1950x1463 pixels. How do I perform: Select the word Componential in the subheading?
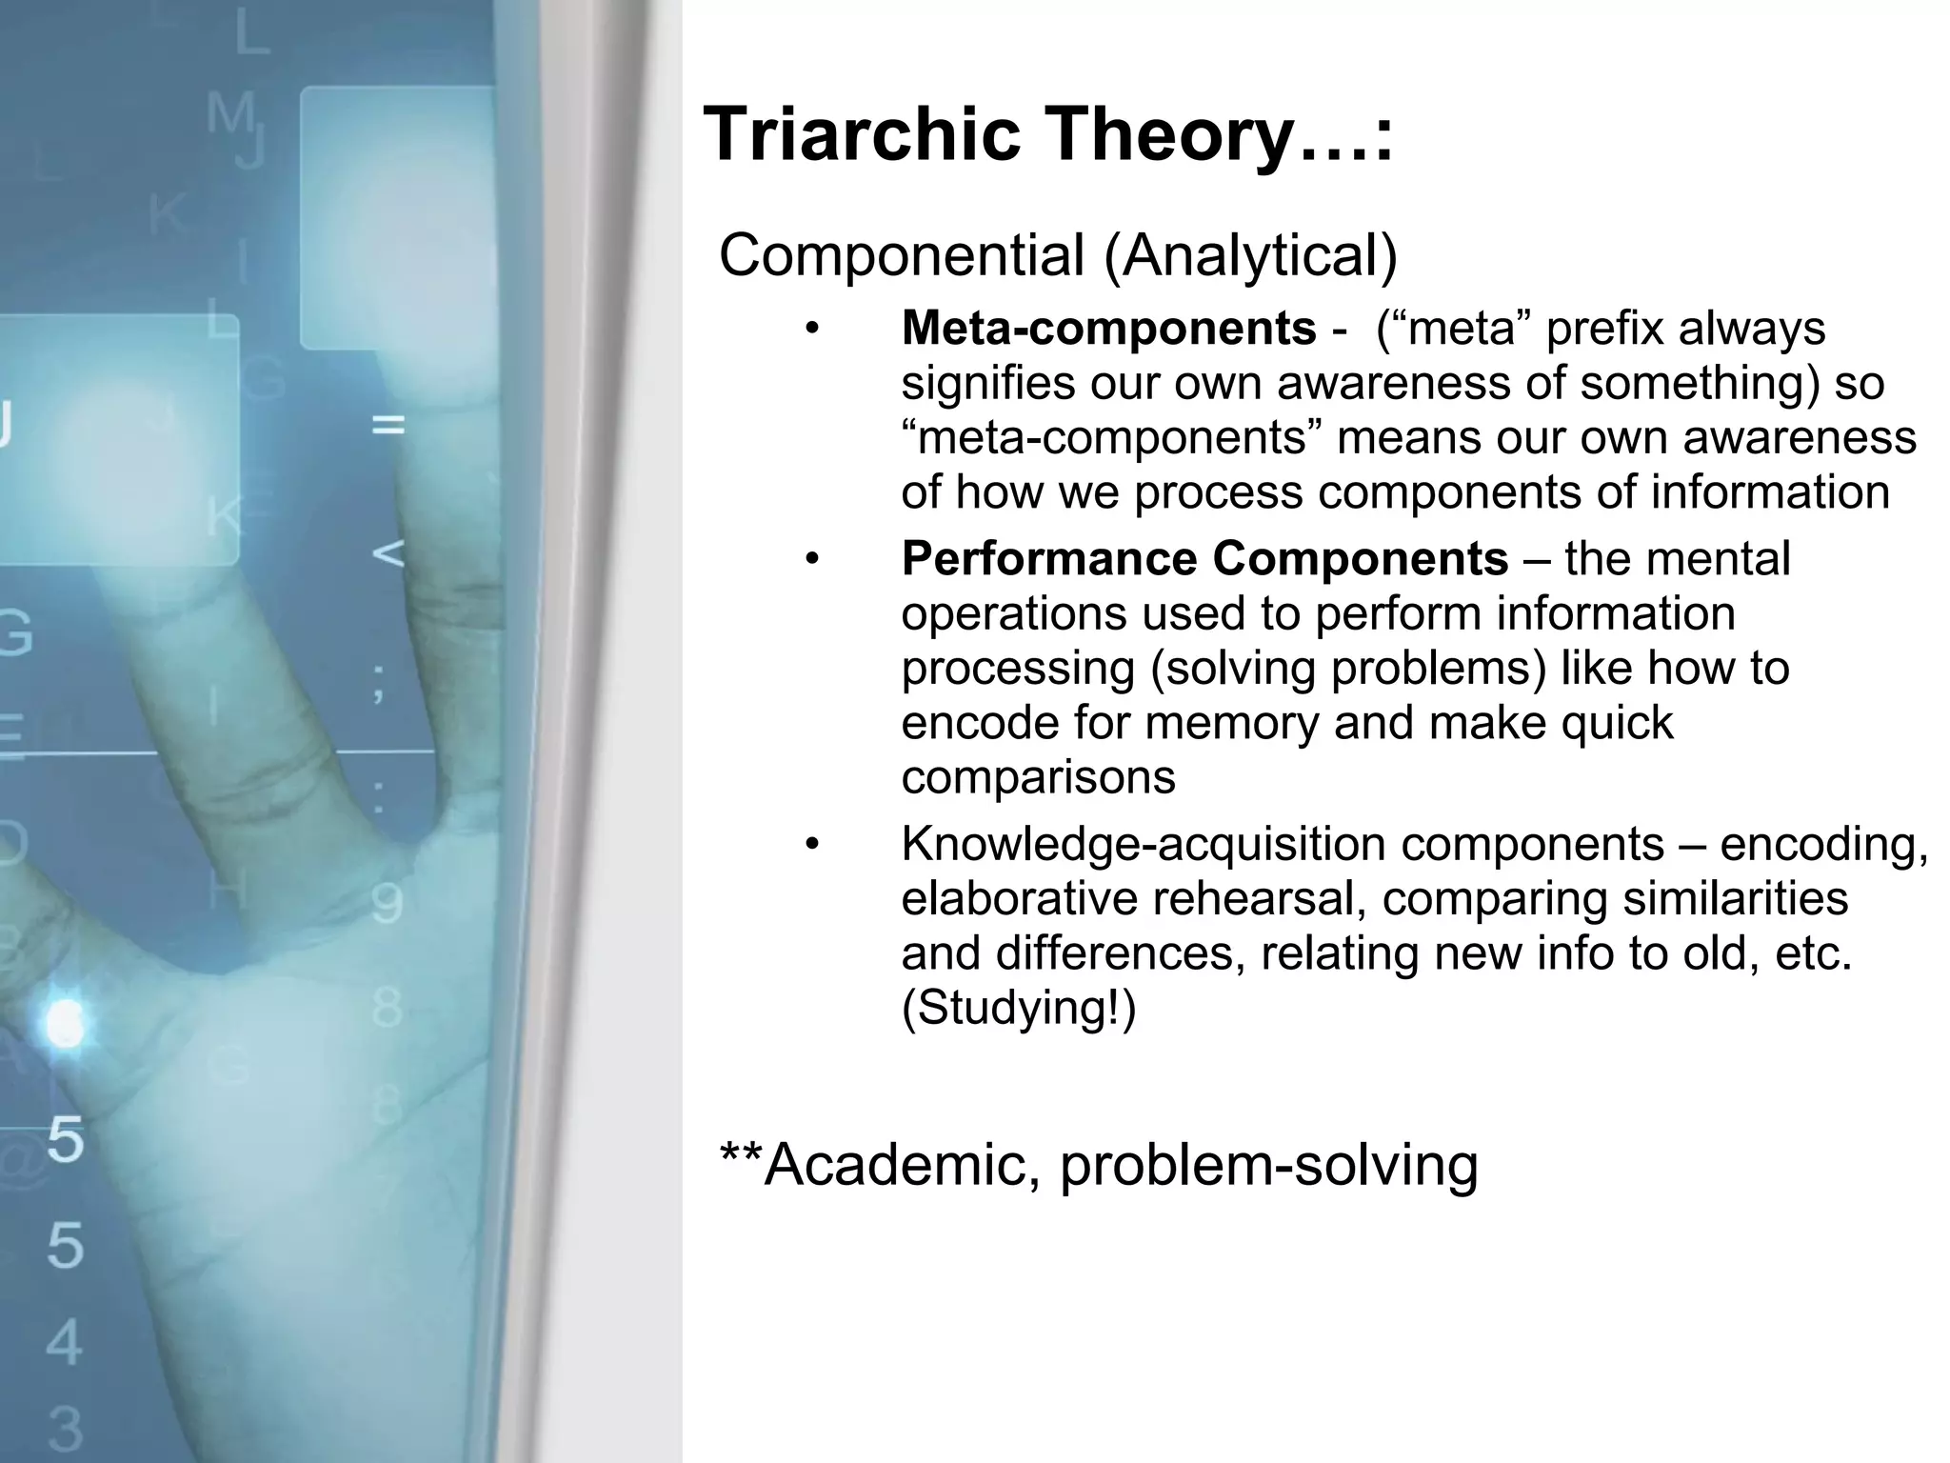tap(902, 256)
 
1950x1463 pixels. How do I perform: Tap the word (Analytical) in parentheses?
tap(1250, 256)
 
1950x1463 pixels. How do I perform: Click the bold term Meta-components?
tap(1108, 329)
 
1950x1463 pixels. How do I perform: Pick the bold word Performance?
tap(1048, 559)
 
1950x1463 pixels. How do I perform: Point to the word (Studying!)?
tap(1019, 1008)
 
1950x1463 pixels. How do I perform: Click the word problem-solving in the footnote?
tap(1268, 1165)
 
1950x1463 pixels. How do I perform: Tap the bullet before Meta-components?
tap(811, 330)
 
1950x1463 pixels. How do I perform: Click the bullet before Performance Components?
tap(811, 560)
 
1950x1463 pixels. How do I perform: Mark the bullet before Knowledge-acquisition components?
tap(811, 845)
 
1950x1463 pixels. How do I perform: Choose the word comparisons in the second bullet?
tap(1038, 778)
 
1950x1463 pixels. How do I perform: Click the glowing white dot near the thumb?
tap(65, 1025)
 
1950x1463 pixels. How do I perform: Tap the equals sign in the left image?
tap(388, 426)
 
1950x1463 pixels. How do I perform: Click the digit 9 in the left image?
tap(387, 904)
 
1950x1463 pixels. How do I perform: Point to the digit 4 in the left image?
tap(64, 1342)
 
